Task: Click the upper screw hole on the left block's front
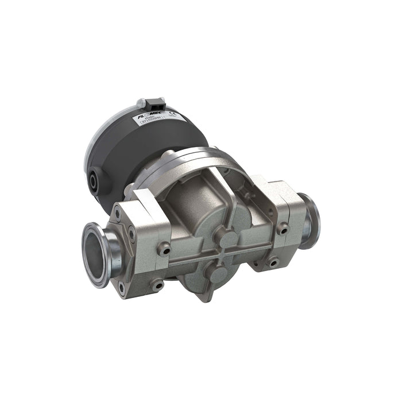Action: point(166,248)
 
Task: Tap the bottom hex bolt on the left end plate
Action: point(121,285)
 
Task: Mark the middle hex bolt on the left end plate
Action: point(133,234)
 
